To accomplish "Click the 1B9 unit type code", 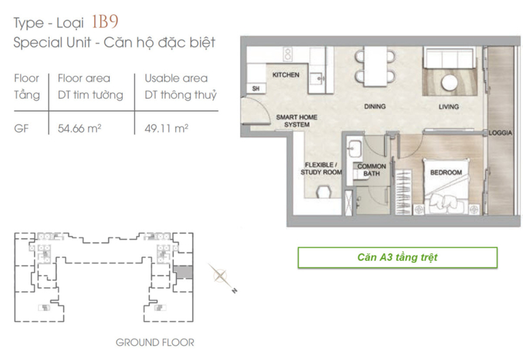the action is click(105, 22).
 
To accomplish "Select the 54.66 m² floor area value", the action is click(80, 129).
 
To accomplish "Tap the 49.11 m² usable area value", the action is click(166, 129).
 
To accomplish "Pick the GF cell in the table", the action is click(21, 129).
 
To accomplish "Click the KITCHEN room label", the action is click(286, 75).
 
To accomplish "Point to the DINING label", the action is click(375, 106).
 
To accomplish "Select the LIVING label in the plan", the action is click(449, 107).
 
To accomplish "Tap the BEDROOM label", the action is click(446, 172).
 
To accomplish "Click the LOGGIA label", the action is click(501, 133).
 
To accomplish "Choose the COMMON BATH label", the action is click(372, 169).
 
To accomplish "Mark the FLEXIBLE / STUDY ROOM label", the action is click(321, 168).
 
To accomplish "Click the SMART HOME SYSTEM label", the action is click(296, 120).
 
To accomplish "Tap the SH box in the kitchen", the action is click(256, 88).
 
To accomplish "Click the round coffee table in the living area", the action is click(449, 82).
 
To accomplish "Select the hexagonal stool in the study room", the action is click(323, 193).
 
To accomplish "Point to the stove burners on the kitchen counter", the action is click(287, 54).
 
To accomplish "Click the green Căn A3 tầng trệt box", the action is click(397, 257).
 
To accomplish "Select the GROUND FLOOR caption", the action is click(155, 342).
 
